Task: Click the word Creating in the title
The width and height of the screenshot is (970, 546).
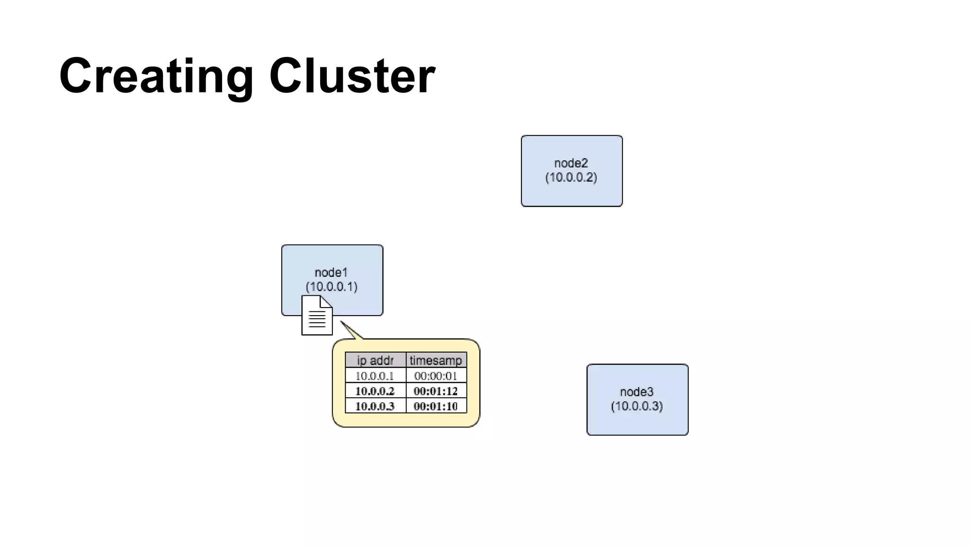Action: coord(156,76)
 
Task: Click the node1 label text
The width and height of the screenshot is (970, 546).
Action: coord(331,273)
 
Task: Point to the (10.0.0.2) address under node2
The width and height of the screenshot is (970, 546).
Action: coord(571,178)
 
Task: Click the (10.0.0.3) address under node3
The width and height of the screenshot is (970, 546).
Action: coord(637,406)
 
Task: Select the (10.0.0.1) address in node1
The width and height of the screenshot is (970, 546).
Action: coord(331,287)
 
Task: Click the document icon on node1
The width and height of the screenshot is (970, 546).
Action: coord(317,316)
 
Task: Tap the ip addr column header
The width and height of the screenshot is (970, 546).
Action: coord(375,360)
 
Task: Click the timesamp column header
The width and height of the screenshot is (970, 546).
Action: coord(436,360)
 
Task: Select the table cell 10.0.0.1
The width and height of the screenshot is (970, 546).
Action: coord(375,376)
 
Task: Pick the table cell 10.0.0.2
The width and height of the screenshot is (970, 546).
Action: coord(375,391)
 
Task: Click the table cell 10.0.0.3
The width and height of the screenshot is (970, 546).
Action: coord(375,406)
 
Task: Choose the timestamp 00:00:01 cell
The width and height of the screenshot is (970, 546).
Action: coord(436,376)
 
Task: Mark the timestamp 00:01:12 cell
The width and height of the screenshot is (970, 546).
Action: coord(436,391)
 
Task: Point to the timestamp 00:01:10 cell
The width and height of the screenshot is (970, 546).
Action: coord(436,406)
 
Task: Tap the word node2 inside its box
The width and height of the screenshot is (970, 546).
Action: coord(571,163)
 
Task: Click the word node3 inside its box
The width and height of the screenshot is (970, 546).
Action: coord(637,392)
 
